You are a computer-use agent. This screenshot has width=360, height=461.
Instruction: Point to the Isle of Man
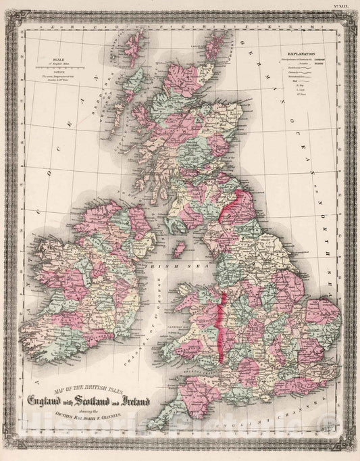pyautogui.click(x=180, y=248)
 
